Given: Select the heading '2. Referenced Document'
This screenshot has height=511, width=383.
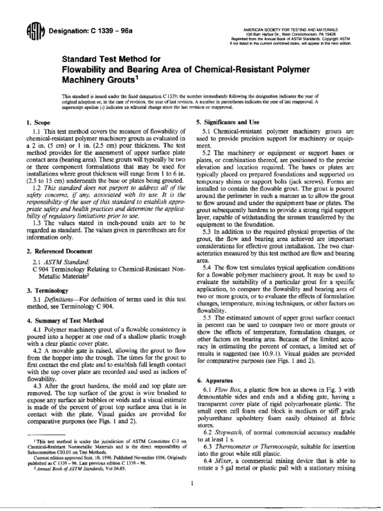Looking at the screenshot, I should [54, 250].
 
